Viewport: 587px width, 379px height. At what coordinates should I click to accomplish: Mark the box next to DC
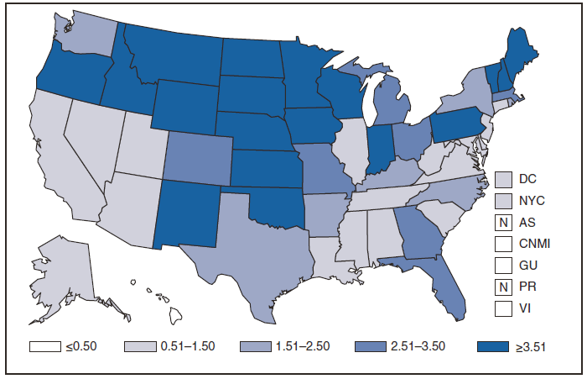pyautogui.click(x=503, y=178)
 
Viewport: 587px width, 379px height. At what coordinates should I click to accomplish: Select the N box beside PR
pyautogui.click(x=503, y=286)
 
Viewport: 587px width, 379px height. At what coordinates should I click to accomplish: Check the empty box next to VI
pyautogui.click(x=503, y=308)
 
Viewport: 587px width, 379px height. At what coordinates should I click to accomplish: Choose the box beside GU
pyautogui.click(x=503, y=265)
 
